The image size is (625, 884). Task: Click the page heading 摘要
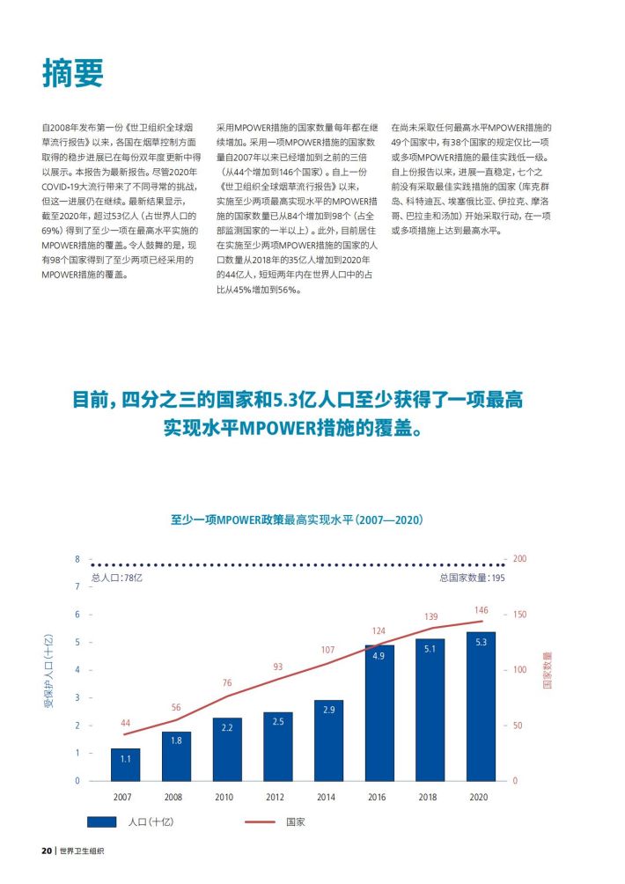pyautogui.click(x=73, y=73)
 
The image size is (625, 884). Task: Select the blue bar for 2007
pyautogui.click(x=126, y=764)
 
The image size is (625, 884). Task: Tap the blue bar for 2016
pyautogui.click(x=379, y=713)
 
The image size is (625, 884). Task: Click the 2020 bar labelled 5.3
pyautogui.click(x=482, y=706)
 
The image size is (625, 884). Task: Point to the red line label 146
pyautogui.click(x=482, y=610)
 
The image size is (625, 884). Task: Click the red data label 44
pyautogui.click(x=125, y=723)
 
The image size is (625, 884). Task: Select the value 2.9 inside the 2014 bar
pyautogui.click(x=329, y=710)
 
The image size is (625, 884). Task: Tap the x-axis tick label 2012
pyautogui.click(x=275, y=797)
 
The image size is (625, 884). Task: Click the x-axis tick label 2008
pyautogui.click(x=173, y=797)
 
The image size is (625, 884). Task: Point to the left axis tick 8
pyautogui.click(x=77, y=559)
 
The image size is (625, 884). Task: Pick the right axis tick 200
pyautogui.click(x=519, y=559)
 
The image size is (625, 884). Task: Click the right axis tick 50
pyautogui.click(x=518, y=725)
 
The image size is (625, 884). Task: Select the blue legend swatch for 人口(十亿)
pyautogui.click(x=102, y=822)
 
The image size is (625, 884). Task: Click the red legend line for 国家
pyautogui.click(x=260, y=822)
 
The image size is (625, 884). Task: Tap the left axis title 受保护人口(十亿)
pyautogui.click(x=48, y=671)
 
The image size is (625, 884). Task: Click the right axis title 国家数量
pyautogui.click(x=547, y=670)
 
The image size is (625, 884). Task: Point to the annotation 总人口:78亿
pyautogui.click(x=117, y=578)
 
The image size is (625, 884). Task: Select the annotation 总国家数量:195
pyautogui.click(x=473, y=578)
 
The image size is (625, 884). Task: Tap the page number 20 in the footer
pyautogui.click(x=47, y=851)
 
